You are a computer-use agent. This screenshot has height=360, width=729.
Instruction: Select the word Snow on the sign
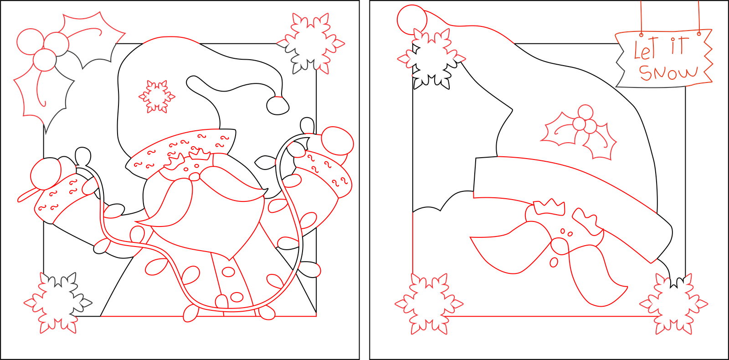(668, 72)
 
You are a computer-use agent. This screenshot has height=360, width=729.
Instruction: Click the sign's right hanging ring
(698, 33)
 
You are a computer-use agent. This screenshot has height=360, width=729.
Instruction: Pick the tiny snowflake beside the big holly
(157, 96)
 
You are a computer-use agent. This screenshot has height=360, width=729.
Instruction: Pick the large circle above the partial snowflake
(412, 18)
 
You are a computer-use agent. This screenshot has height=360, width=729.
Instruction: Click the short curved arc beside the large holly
(172, 40)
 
